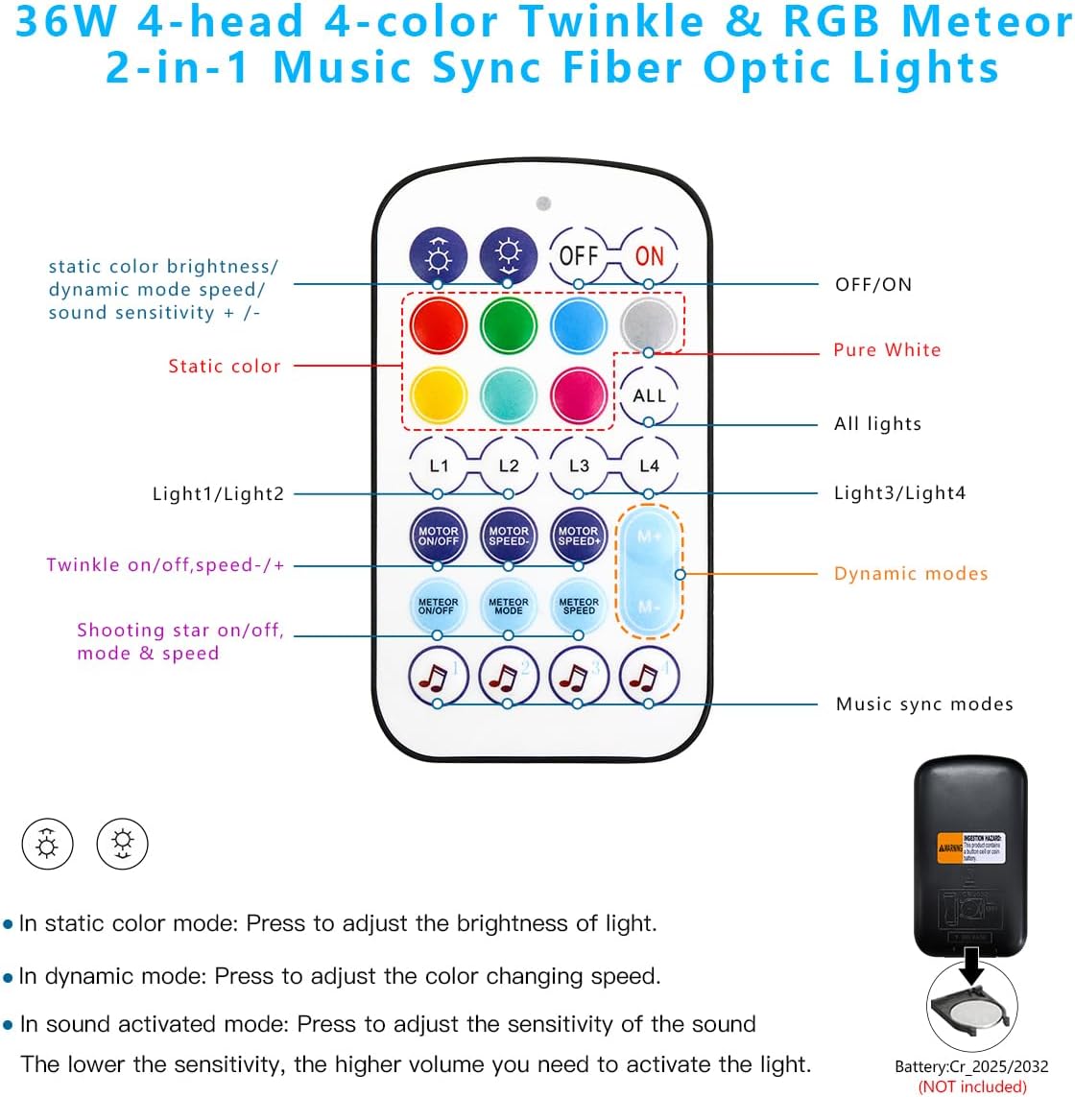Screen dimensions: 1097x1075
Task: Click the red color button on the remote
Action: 438,324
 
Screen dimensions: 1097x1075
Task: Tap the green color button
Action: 508,324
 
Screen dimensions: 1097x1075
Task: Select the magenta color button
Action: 579,394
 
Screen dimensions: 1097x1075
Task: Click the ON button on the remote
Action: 649,255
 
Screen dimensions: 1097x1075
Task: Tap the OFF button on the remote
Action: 578,255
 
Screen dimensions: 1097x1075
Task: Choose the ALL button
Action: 649,395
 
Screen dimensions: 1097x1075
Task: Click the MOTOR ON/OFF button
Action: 438,536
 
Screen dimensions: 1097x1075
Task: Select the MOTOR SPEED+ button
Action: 578,536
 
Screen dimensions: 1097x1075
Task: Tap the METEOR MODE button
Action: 508,606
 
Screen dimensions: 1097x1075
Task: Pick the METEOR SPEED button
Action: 579,606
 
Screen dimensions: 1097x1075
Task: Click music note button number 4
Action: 649,676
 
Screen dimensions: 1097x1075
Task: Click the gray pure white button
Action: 649,324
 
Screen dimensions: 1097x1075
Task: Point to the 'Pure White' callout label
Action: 887,350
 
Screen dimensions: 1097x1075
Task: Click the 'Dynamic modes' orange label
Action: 910,574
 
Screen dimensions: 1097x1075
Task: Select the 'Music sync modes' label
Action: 923,704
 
